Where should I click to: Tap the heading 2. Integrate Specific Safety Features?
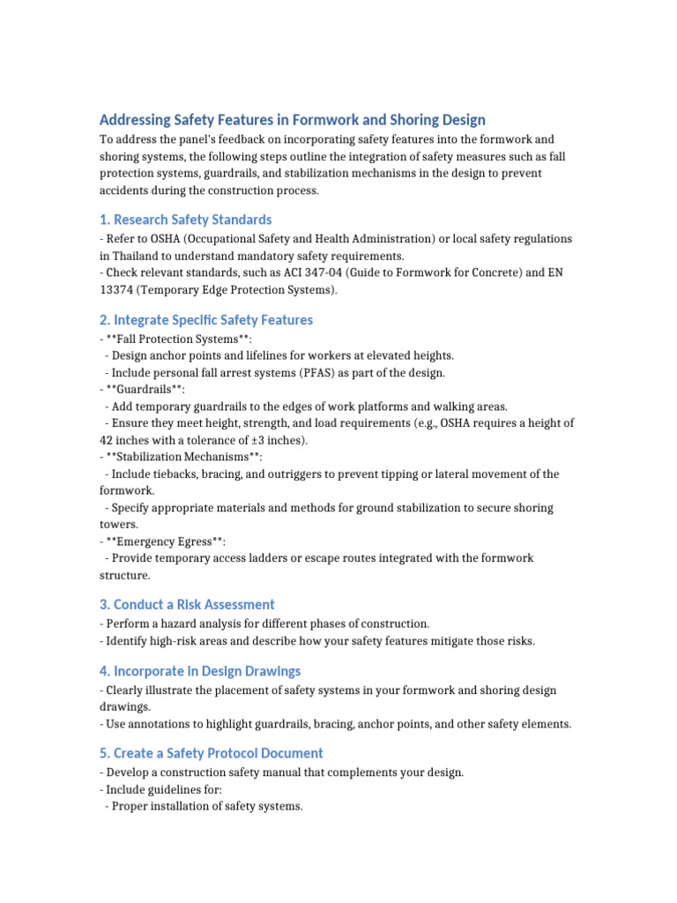[x=205, y=319]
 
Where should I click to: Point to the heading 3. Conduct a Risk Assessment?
[x=187, y=604]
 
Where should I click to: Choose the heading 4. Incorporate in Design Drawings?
[x=200, y=670]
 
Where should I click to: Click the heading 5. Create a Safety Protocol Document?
[x=212, y=753]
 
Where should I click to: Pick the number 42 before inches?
[x=107, y=440]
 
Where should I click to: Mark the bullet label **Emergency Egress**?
[x=171, y=541]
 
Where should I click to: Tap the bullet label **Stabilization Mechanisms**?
[x=183, y=457]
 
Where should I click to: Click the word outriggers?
[x=314, y=474]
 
